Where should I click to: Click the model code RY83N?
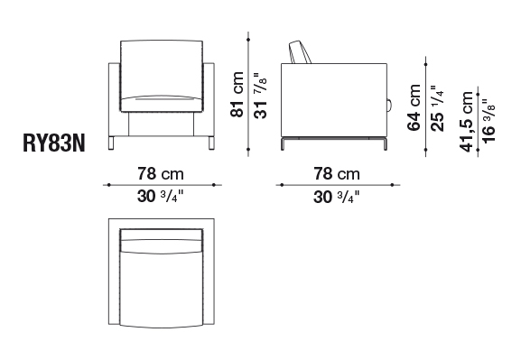coord(54,143)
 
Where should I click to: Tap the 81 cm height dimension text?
coord(237,95)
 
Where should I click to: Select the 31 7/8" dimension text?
coord(261,96)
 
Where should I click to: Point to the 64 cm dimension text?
coord(414,107)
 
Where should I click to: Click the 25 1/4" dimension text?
coord(438,108)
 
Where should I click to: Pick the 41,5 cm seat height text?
coord(466,122)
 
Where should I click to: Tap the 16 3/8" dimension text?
coord(488,121)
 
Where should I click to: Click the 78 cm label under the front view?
coord(161,174)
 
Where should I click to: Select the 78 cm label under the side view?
coord(337,174)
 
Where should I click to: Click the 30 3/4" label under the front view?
coord(161,197)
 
